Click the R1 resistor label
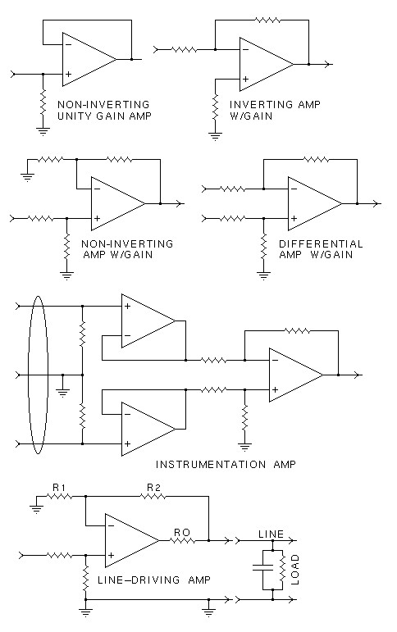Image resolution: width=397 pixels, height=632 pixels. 59,487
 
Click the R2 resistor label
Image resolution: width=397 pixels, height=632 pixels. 153,487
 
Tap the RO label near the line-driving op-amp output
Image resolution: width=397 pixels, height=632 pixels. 182,533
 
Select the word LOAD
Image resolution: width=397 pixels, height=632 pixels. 295,570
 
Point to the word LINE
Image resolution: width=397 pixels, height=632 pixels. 271,534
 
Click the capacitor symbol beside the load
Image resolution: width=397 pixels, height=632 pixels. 262,568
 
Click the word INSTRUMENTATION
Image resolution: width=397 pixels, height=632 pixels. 211,464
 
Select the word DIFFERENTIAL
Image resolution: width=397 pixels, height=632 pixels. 321,243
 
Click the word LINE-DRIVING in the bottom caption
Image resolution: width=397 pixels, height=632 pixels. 139,580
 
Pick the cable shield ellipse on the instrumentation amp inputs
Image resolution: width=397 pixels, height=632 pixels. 38,375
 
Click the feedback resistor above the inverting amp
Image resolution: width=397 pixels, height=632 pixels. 268,20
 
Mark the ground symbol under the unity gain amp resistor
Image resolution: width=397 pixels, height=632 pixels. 43,131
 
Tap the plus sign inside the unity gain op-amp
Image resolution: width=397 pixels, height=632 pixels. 69,74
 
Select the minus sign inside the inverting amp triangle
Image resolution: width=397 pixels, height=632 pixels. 246,49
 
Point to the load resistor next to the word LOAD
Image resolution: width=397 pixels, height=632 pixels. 283,570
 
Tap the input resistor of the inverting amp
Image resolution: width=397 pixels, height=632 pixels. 185,49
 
